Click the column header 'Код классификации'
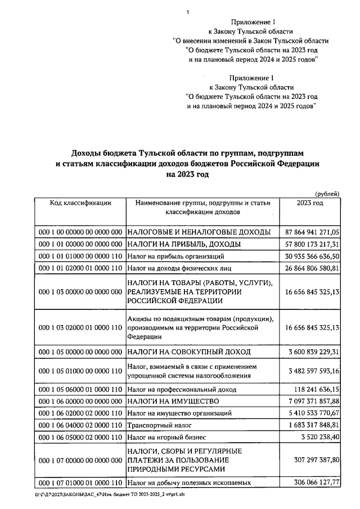coord(80,203)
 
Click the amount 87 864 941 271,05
coord(312,232)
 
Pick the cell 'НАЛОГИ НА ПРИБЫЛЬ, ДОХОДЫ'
coord(184,244)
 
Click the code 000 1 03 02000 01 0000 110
coord(80,327)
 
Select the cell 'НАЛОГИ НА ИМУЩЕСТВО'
coord(170,401)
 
